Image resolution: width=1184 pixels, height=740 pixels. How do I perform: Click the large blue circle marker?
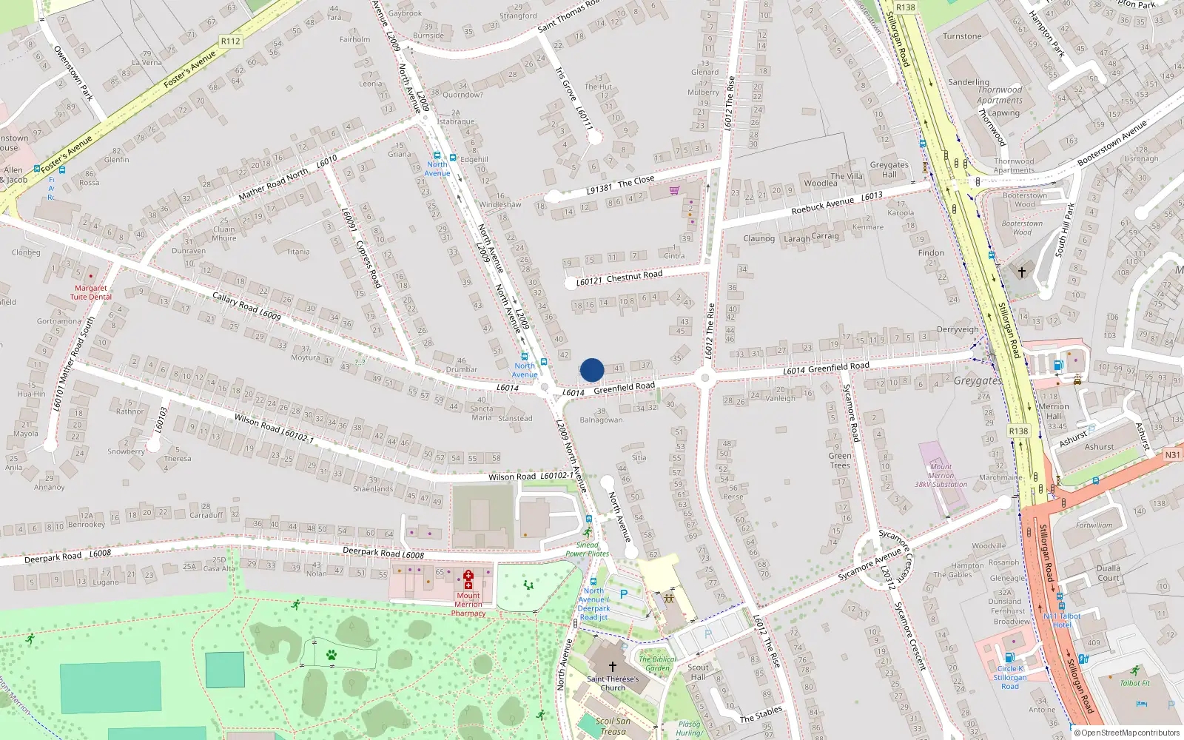[592, 370]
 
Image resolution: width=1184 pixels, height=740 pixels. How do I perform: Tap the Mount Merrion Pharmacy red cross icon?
[468, 579]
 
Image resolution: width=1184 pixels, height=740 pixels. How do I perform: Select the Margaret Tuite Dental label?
[91, 292]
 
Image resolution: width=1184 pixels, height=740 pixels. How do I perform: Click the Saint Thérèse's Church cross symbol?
[613, 667]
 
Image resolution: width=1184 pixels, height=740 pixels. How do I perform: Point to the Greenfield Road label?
[624, 387]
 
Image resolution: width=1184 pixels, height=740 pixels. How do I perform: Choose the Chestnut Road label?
[634, 276]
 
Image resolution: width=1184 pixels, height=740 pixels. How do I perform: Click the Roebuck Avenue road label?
[822, 206]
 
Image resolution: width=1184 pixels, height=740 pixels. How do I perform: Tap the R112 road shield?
[230, 41]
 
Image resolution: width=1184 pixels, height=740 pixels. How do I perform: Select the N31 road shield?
[1172, 455]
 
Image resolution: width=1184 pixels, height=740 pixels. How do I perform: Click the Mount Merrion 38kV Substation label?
[941, 475]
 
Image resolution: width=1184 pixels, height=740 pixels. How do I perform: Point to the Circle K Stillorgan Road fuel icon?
[1009, 657]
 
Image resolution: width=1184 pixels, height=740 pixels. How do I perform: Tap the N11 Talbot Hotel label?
[1062, 620]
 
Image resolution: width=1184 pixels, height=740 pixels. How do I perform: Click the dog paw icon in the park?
[332, 655]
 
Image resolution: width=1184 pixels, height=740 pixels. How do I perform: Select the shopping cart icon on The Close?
[674, 190]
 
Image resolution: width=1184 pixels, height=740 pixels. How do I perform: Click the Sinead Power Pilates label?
[587, 549]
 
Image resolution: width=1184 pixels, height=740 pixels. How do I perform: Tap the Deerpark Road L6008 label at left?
[67, 556]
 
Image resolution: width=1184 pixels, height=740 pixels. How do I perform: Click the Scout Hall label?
[698, 671]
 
